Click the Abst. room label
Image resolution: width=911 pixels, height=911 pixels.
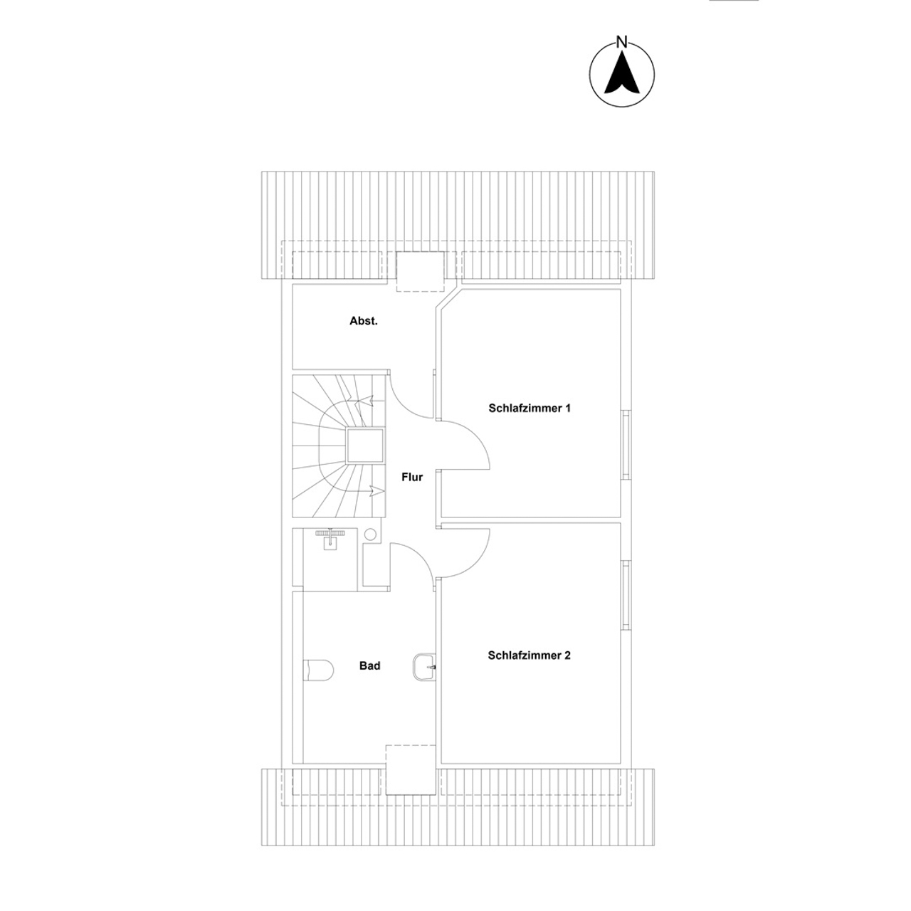[x=363, y=321]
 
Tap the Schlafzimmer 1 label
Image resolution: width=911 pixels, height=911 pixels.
[x=530, y=408]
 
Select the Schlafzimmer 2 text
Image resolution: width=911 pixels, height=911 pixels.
[x=529, y=655]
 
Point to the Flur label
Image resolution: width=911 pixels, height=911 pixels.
[x=412, y=477]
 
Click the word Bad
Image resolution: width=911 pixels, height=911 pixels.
[x=369, y=665]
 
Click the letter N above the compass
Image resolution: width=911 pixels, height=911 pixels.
[x=621, y=43]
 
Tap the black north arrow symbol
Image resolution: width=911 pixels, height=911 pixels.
[x=621, y=73]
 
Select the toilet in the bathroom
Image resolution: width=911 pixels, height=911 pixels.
[x=318, y=670]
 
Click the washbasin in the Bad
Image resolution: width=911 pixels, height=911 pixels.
[x=424, y=667]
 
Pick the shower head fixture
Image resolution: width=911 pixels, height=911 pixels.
[x=330, y=538]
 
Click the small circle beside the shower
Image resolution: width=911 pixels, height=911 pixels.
[x=371, y=535]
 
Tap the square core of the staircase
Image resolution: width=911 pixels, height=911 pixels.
[x=365, y=446]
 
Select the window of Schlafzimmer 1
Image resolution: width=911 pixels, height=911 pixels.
[x=626, y=445]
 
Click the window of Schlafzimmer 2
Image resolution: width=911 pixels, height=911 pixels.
[x=626, y=595]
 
